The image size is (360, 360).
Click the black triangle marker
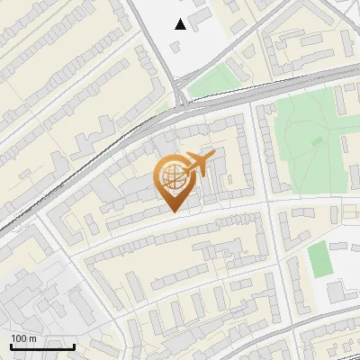click(181, 24)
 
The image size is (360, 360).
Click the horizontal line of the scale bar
click(42, 346)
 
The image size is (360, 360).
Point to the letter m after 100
click(32, 338)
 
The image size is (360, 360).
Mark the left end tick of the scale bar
click(11, 345)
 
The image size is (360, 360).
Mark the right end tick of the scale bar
click(74, 345)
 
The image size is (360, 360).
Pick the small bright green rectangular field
click(319, 259)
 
